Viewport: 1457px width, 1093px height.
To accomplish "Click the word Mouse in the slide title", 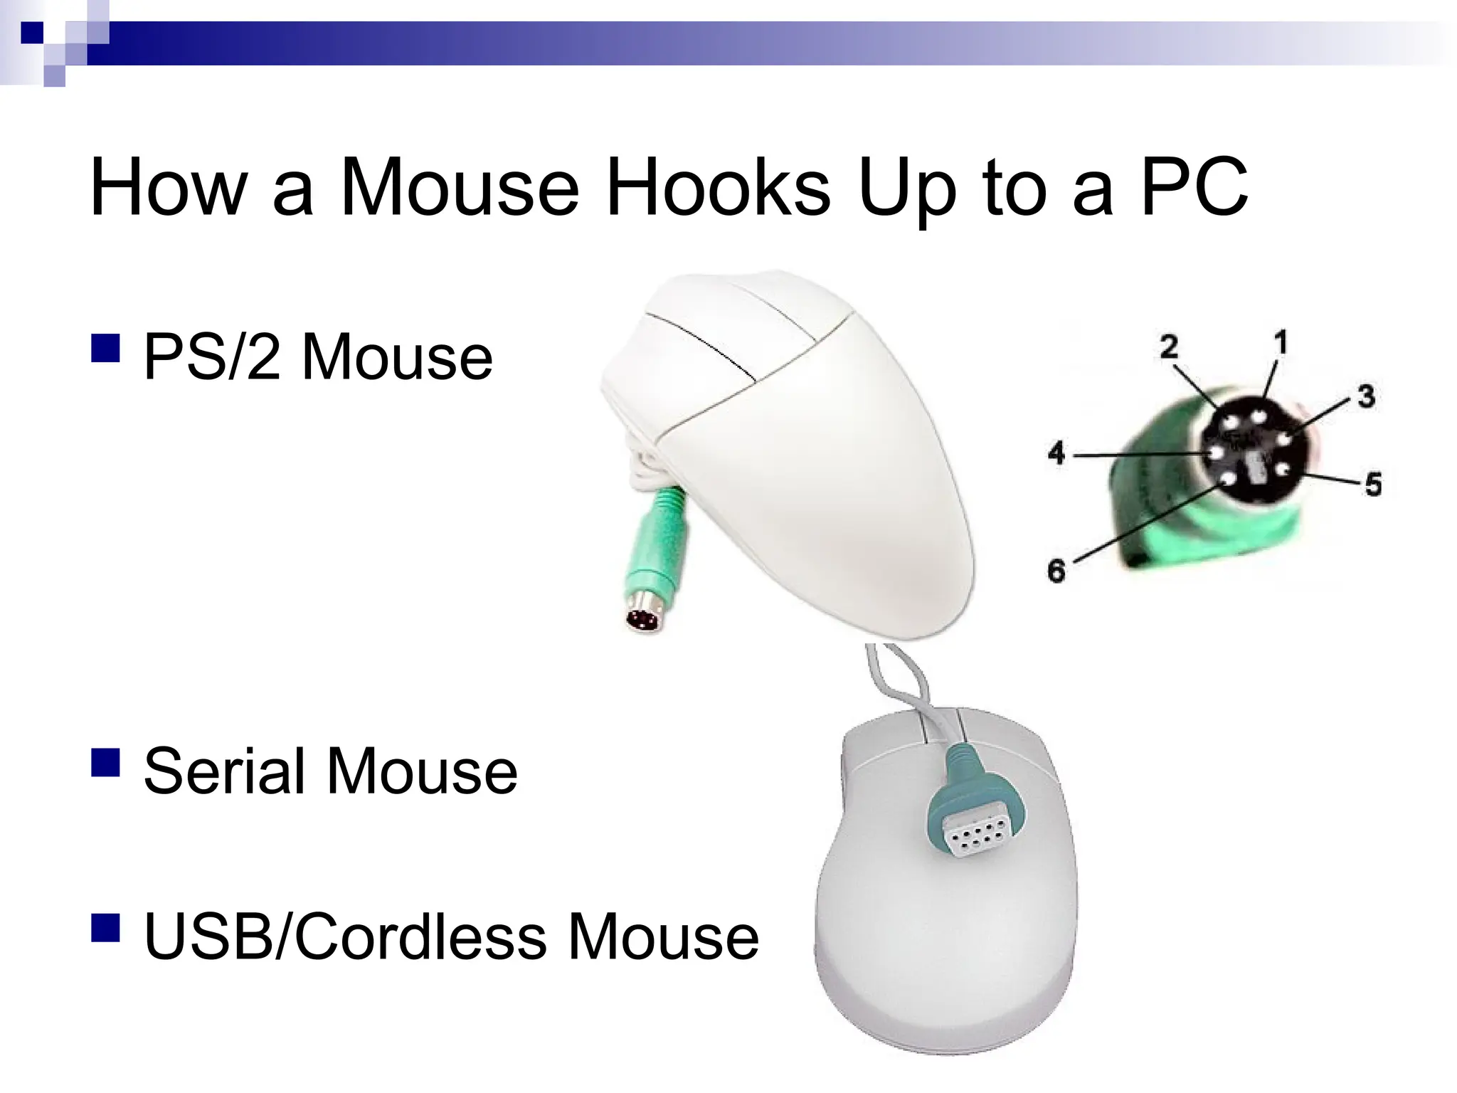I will pyautogui.click(x=460, y=187).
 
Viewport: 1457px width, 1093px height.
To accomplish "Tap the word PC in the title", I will pyautogui.click(x=1194, y=187).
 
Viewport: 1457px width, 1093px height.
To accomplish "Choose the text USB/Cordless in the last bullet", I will pyautogui.click(x=345, y=936).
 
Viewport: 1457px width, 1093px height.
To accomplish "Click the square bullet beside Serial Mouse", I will pyautogui.click(x=105, y=761).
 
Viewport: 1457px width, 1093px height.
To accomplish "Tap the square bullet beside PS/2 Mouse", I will pyautogui.click(x=105, y=349).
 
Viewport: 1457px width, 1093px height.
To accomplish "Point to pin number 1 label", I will pyautogui.click(x=1280, y=344).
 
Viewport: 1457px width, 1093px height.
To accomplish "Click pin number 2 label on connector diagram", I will pyautogui.click(x=1168, y=347).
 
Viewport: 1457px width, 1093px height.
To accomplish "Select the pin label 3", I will pyautogui.click(x=1365, y=396).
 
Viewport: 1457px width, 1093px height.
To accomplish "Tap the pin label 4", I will pyautogui.click(x=1056, y=453).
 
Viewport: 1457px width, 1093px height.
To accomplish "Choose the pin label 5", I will pyautogui.click(x=1372, y=485).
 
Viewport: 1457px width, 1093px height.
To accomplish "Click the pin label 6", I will pyautogui.click(x=1056, y=570).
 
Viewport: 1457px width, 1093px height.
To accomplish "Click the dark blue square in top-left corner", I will pyautogui.click(x=32, y=32).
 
